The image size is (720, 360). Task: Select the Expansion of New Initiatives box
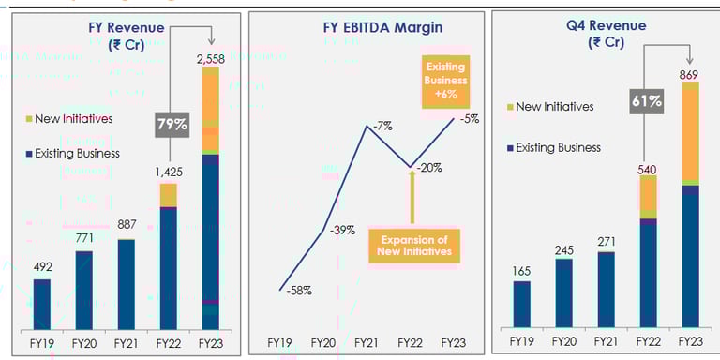(x=412, y=245)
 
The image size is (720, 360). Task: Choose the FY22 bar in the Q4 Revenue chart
(x=648, y=250)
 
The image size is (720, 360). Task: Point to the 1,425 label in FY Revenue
(x=168, y=172)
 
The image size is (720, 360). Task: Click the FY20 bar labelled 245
(x=564, y=292)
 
